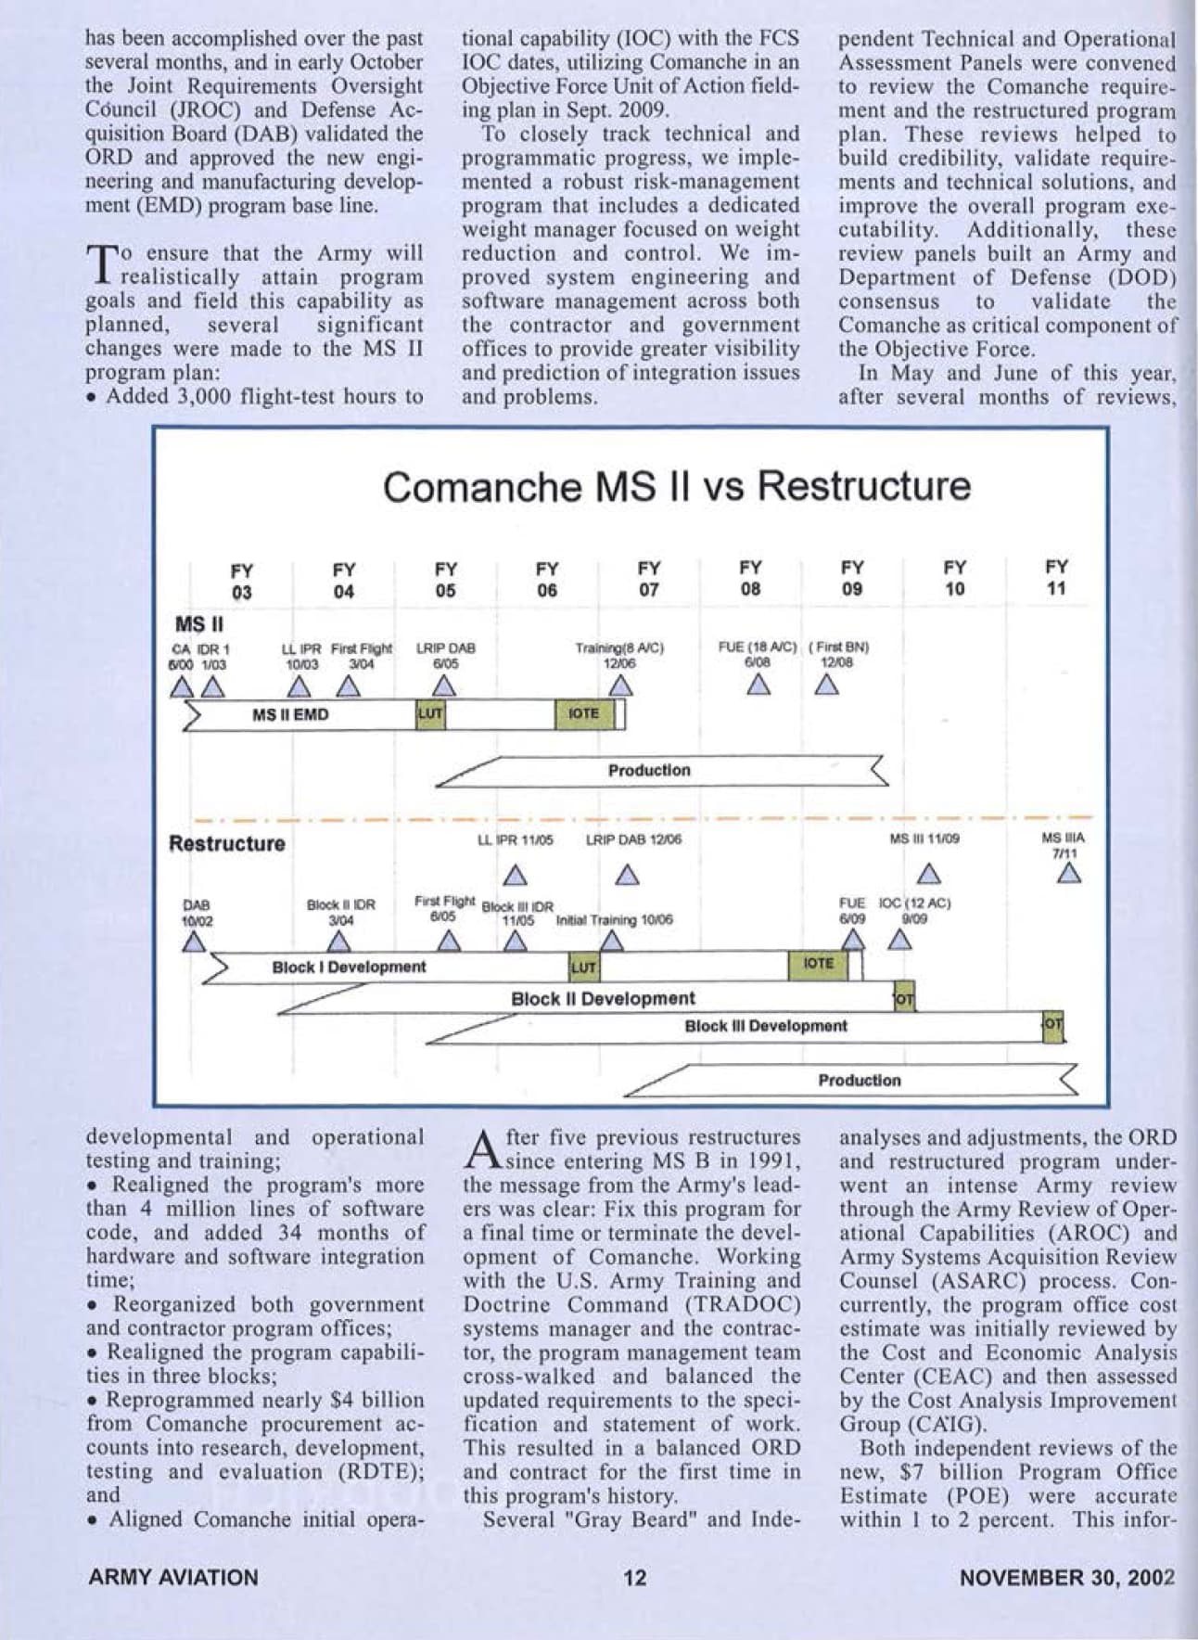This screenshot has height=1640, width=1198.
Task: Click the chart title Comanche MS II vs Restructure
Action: point(677,487)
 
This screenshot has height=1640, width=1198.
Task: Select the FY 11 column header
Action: point(1056,578)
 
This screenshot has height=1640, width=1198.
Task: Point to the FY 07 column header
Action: point(649,579)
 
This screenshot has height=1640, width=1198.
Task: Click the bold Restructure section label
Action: point(227,844)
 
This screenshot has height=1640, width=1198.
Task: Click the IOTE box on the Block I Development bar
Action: point(818,964)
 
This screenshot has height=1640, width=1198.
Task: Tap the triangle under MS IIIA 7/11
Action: point(1071,874)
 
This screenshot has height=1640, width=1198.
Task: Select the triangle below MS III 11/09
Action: point(930,875)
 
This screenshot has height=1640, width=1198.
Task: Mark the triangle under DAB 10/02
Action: point(193,942)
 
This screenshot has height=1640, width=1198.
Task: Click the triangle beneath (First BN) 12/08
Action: point(827,686)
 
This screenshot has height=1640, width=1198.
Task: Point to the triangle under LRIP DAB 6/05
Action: point(445,686)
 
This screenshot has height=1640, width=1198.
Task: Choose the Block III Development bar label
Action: point(766,1026)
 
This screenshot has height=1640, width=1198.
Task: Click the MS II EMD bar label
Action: point(290,715)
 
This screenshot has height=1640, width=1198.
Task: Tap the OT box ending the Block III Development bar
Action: point(1052,1026)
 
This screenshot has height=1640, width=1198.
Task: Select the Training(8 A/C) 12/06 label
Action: point(619,656)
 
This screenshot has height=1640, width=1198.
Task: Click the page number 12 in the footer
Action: point(635,1577)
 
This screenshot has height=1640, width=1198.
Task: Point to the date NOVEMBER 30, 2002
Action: point(1067,1577)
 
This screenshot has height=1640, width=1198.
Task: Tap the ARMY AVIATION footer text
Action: point(173,1577)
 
